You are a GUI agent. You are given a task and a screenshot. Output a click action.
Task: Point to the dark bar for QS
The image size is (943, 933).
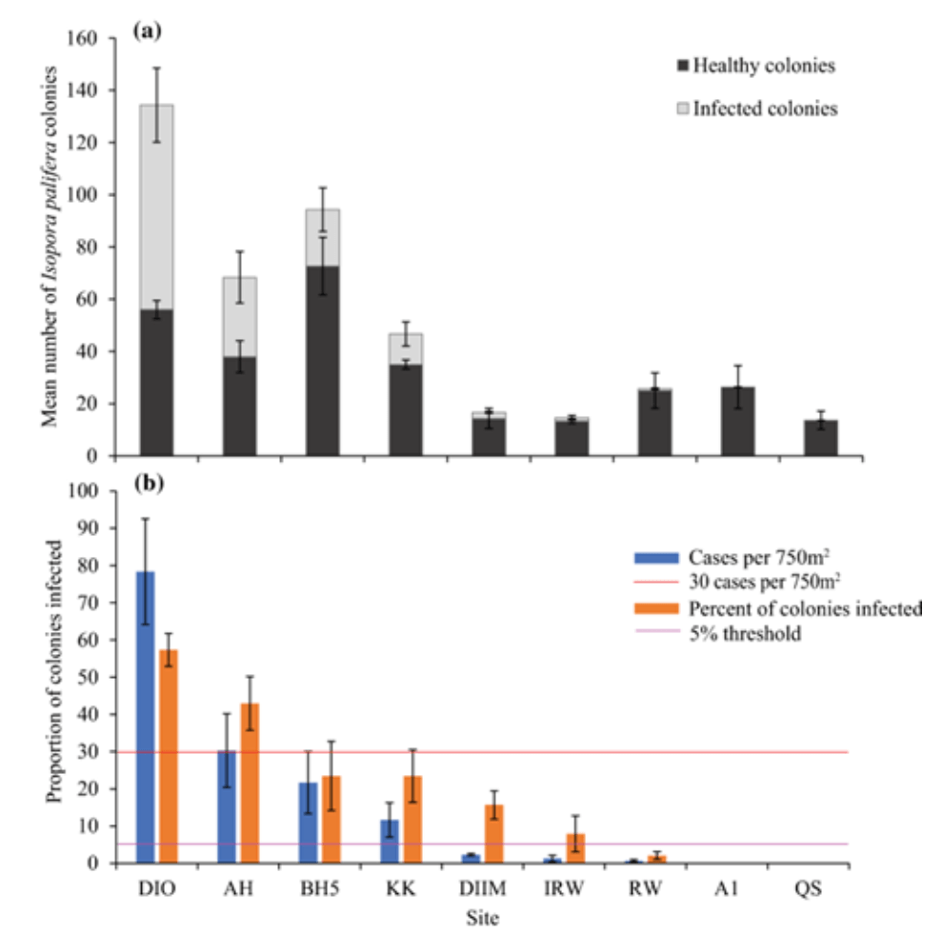pyautogui.click(x=820, y=437)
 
